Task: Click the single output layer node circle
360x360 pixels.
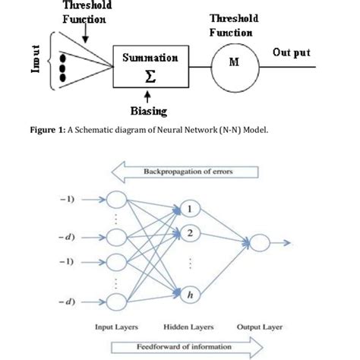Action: pyautogui.click(x=260, y=243)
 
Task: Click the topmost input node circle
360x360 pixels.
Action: pyautogui.click(x=118, y=199)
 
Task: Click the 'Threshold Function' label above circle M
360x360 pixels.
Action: pyautogui.click(x=233, y=25)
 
